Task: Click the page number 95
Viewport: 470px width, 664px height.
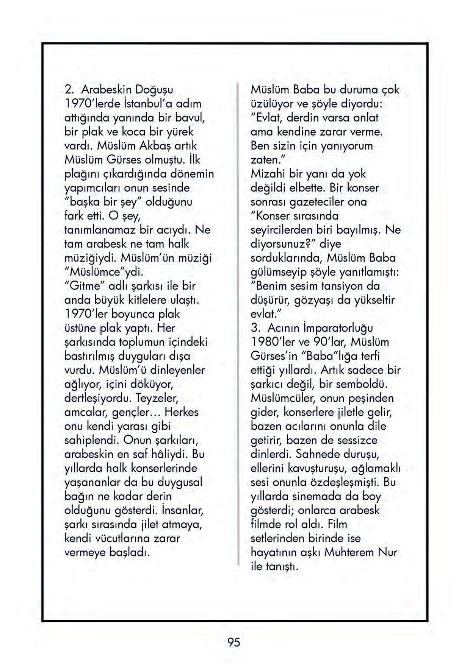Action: [234, 642]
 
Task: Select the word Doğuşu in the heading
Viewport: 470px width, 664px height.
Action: [154, 90]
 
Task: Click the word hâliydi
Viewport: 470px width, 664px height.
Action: [169, 454]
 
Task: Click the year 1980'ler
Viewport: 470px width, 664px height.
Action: [273, 342]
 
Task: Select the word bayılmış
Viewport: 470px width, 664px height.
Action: [357, 230]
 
